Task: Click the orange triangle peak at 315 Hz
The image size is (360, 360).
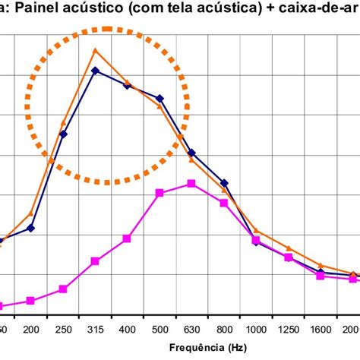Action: tap(95, 51)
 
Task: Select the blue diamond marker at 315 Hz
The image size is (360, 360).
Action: tap(95, 71)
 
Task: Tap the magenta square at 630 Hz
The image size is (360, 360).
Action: tap(191, 184)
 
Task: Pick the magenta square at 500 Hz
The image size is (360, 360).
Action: tap(159, 193)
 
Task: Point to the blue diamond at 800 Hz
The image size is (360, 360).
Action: tap(224, 183)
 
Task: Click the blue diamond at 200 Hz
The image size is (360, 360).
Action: tap(31, 228)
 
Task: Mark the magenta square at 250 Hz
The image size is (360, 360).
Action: tap(63, 289)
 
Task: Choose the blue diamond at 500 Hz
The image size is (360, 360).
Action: tap(159, 98)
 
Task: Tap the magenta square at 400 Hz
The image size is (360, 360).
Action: tap(127, 238)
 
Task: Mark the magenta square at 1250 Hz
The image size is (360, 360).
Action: tap(289, 257)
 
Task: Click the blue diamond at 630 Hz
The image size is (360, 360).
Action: tap(191, 153)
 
